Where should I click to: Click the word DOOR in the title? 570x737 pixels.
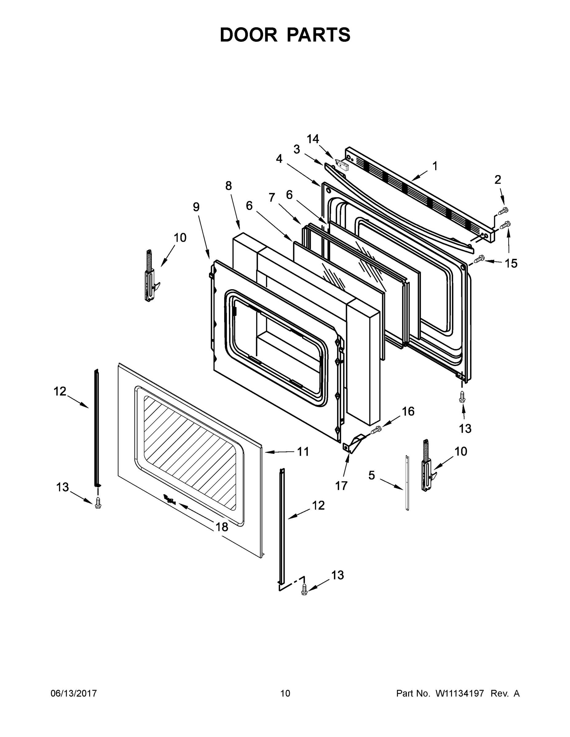click(248, 35)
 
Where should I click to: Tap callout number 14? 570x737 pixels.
click(313, 139)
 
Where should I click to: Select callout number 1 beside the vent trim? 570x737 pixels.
click(435, 166)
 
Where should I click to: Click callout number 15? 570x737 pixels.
click(511, 263)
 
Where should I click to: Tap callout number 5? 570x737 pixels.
click(371, 475)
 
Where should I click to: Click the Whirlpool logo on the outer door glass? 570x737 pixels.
click(170, 499)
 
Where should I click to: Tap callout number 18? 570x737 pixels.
click(222, 527)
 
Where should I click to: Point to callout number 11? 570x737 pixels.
click(303, 451)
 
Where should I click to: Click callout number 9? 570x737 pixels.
click(196, 207)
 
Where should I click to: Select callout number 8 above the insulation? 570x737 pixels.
click(229, 185)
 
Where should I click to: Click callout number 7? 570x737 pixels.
click(272, 197)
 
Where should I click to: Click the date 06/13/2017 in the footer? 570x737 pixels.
click(74, 693)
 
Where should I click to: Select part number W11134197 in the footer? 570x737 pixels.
click(460, 693)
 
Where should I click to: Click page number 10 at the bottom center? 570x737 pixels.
click(285, 693)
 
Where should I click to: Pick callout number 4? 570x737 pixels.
click(279, 158)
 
